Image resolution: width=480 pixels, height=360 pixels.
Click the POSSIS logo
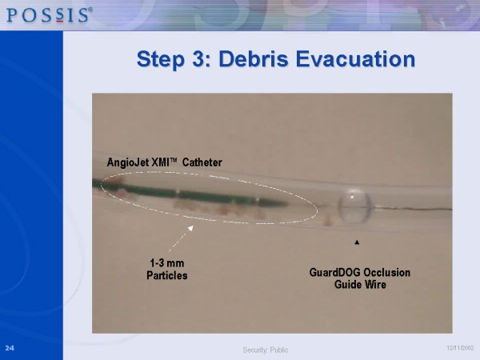(x=50, y=15)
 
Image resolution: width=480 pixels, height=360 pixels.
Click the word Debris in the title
(x=253, y=58)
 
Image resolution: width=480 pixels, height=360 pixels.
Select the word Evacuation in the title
(x=355, y=58)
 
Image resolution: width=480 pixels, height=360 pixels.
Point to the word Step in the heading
(x=161, y=59)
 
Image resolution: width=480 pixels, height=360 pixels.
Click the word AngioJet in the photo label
(x=129, y=162)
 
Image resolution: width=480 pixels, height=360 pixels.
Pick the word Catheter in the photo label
(x=202, y=162)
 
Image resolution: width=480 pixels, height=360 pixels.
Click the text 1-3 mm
(x=167, y=263)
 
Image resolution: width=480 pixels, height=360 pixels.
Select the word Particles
(x=167, y=275)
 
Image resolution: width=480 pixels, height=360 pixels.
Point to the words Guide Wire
(x=360, y=284)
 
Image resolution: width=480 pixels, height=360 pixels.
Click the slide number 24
(x=10, y=348)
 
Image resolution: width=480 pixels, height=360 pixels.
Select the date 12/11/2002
(x=460, y=348)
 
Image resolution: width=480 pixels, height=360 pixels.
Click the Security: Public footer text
(x=266, y=350)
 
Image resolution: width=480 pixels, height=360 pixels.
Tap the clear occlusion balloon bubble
(x=354, y=206)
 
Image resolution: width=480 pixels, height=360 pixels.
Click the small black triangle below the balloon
(x=357, y=242)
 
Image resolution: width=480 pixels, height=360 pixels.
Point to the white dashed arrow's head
(x=190, y=228)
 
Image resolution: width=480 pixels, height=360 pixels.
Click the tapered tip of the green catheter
(x=286, y=203)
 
